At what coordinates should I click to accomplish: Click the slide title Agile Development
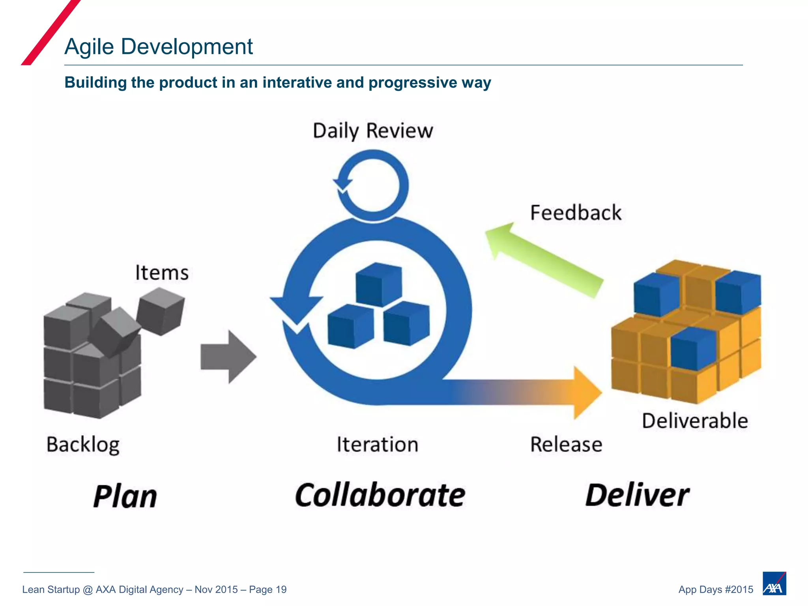(x=158, y=47)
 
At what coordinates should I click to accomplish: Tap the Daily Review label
(x=373, y=131)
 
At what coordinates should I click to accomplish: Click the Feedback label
(x=576, y=213)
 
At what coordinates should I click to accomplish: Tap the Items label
(x=162, y=273)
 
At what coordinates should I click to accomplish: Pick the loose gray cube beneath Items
(x=160, y=311)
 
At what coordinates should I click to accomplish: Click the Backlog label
(x=83, y=445)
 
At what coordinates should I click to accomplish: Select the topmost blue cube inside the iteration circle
(x=379, y=284)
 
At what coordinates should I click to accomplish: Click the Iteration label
(x=377, y=445)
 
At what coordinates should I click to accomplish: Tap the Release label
(x=566, y=445)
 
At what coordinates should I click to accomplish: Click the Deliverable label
(x=695, y=421)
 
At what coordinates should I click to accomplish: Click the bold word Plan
(x=125, y=496)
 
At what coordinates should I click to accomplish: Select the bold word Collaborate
(x=380, y=495)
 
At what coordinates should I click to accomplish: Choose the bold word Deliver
(x=637, y=495)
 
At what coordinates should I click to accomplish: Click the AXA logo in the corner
(x=774, y=583)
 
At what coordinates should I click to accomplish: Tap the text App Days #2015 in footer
(x=716, y=589)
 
